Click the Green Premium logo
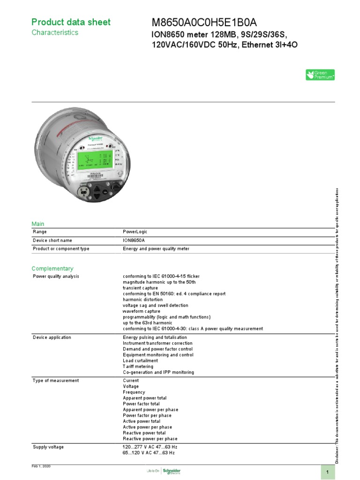320,75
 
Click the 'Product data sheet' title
71,22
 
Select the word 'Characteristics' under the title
55,33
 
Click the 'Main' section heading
38,224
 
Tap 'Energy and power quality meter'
156,249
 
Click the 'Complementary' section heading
52,269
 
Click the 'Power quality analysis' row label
56,277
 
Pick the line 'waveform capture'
142,311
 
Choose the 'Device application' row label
52,337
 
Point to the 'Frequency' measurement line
134,392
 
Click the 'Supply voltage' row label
48,447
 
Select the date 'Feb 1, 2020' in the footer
41,467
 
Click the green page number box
328,471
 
